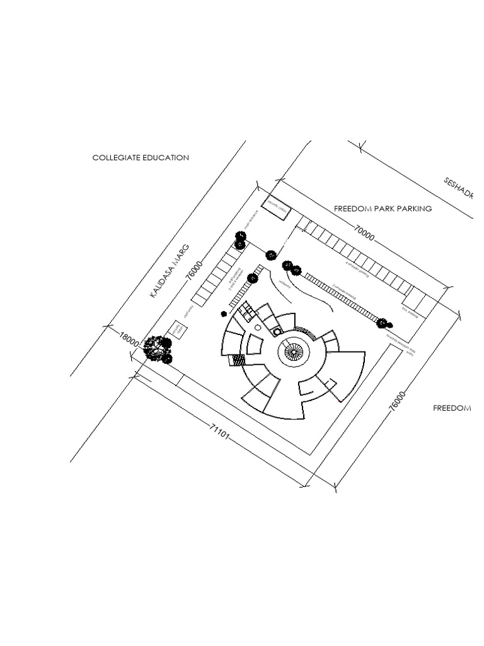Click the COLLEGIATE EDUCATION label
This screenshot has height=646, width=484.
(x=141, y=158)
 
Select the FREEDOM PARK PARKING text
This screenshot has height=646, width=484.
(x=383, y=208)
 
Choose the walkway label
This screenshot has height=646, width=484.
(x=285, y=285)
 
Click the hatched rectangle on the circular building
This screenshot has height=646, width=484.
(x=239, y=360)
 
